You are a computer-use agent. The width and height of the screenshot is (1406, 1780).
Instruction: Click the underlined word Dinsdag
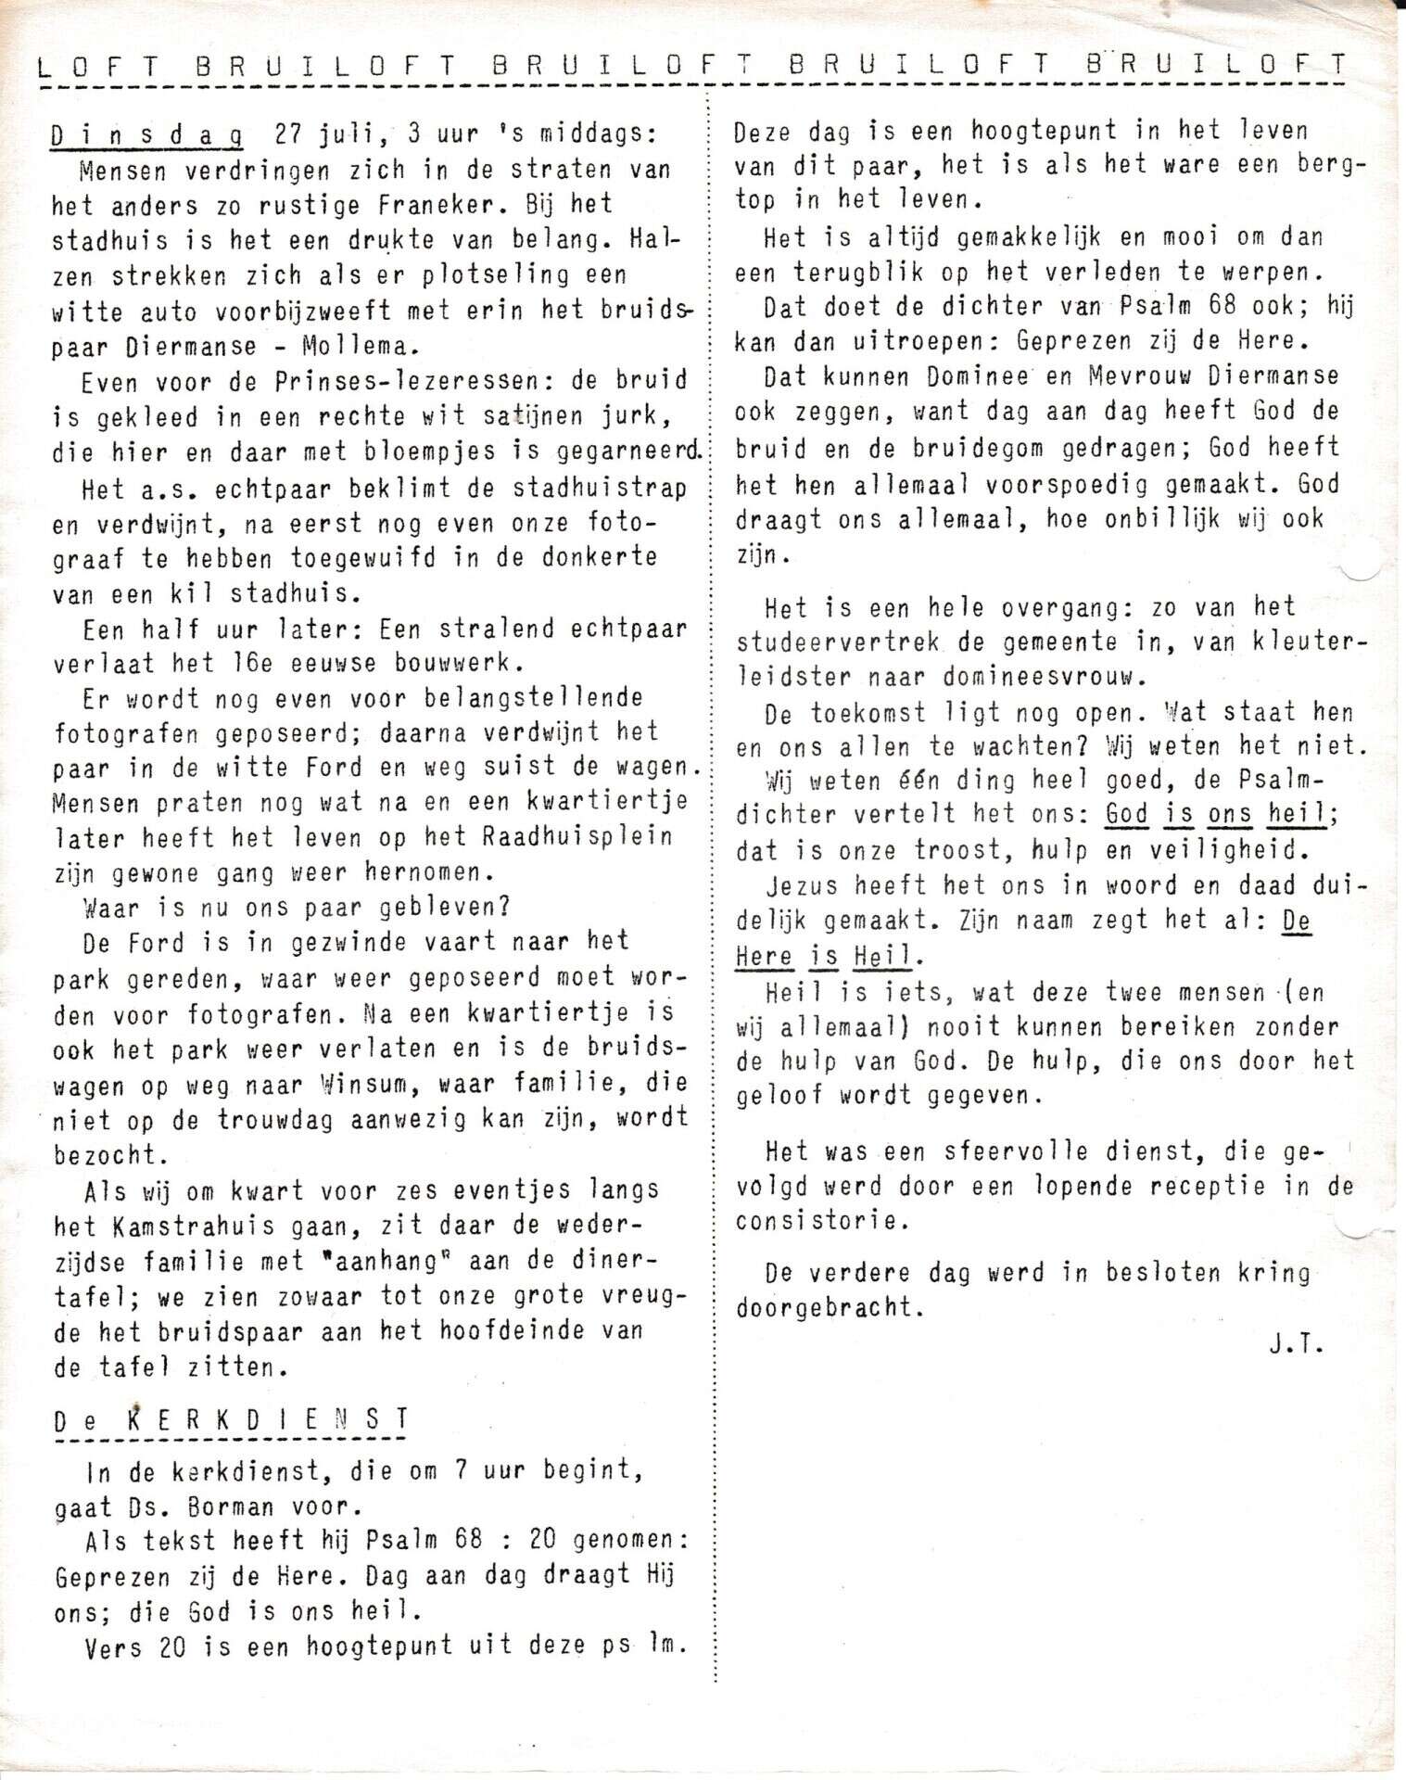point(147,135)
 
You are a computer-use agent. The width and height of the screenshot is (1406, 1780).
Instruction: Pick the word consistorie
point(817,1221)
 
